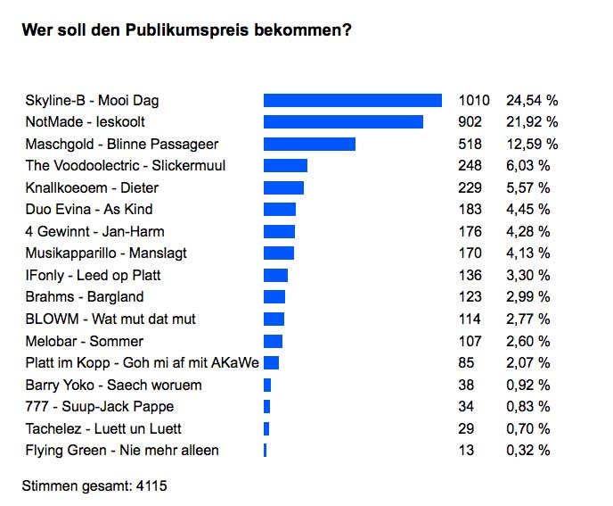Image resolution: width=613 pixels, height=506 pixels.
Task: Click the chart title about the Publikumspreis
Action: point(186,30)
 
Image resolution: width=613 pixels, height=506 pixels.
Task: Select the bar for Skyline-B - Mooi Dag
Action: point(353,100)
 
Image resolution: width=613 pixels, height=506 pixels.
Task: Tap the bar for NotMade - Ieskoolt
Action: point(343,122)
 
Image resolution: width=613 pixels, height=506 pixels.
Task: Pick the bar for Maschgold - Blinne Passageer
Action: point(309,144)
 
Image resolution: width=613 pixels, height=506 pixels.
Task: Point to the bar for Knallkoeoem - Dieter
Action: point(283,187)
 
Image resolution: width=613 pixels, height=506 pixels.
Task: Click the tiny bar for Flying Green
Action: point(265,450)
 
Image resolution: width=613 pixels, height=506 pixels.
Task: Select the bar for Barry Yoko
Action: point(267,385)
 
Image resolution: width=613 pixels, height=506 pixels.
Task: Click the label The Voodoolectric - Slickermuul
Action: point(126,166)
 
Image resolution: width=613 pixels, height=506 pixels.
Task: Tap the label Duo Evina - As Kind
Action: point(89,210)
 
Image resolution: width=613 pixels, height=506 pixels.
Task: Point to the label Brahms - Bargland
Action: point(85,297)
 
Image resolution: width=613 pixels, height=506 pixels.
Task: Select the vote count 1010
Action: point(474,100)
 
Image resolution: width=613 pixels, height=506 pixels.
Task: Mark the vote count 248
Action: point(470,166)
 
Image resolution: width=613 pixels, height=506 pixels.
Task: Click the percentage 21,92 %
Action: point(532,122)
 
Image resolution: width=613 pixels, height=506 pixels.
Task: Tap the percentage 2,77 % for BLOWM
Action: point(528,319)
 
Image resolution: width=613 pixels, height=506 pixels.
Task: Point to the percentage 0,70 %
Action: point(528,428)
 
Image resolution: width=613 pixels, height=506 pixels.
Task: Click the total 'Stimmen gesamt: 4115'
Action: point(94,486)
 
